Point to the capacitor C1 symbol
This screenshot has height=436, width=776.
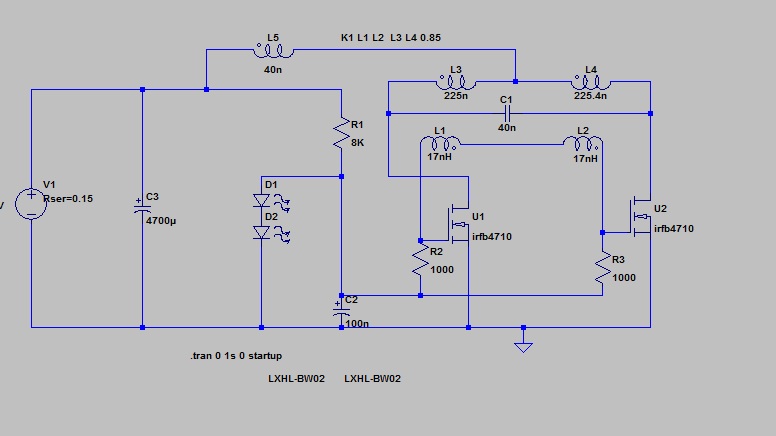coord(507,113)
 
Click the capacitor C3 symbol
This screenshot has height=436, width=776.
coord(142,206)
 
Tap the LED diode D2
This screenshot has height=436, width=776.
coord(262,233)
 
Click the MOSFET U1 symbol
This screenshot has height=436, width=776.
coord(459,222)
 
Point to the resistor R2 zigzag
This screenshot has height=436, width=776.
coord(420,262)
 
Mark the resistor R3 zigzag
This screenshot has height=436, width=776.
coord(602,267)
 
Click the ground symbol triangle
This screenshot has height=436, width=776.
coord(522,346)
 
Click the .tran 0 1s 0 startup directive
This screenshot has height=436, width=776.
coord(236,356)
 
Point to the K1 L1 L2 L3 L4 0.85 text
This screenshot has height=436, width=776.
coord(391,37)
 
